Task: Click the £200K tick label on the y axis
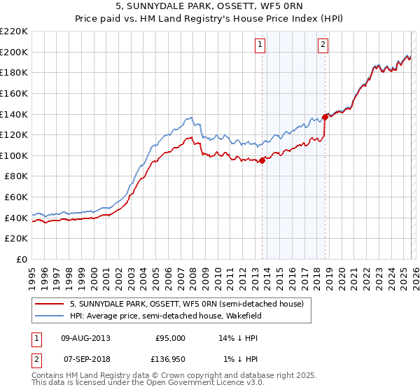pyautogui.click(x=14, y=52)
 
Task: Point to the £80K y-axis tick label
pyautogui.click(x=16, y=176)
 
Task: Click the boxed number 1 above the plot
pyautogui.click(x=260, y=45)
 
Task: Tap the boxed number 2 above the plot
pyautogui.click(x=323, y=45)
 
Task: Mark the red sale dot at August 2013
pyautogui.click(x=262, y=160)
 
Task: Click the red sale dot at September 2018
pyautogui.click(x=325, y=117)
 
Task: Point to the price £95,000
pyautogui.click(x=170, y=337)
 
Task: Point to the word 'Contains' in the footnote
pyautogui.click(x=48, y=377)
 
